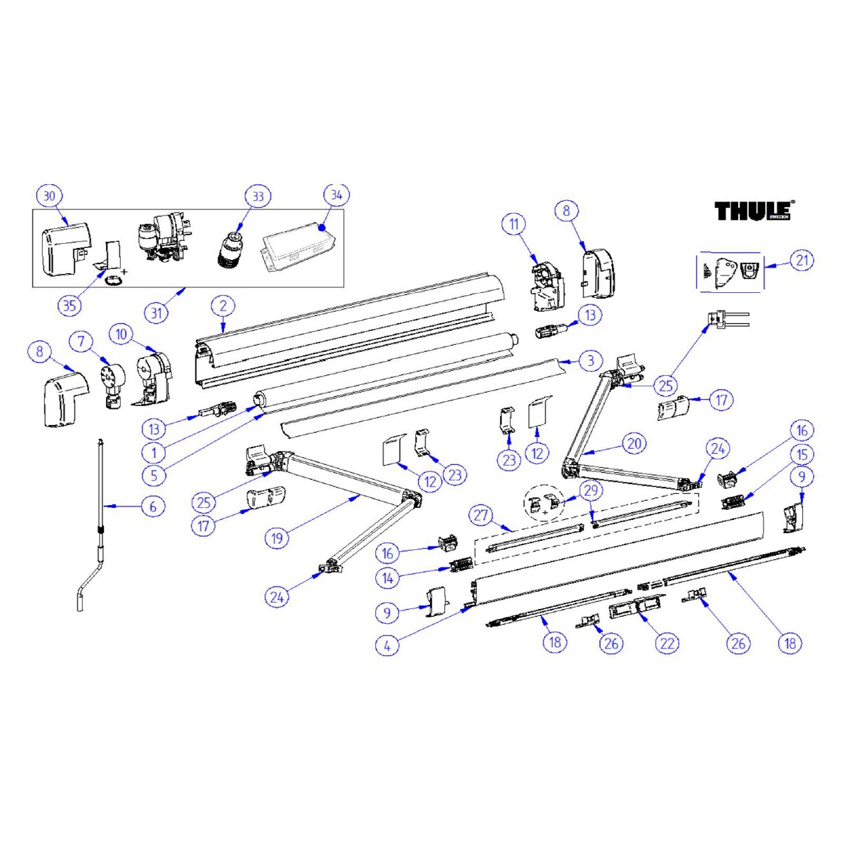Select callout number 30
pos(49,196)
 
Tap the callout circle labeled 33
pos(258,197)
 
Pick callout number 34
pos(336,195)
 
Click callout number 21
pos(802,261)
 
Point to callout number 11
pos(514,224)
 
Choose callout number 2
pos(223,306)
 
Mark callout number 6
pos(152,507)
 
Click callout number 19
pos(277,538)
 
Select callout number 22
pos(667,643)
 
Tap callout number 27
pos(481,515)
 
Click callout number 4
pos(387,646)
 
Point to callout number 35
pos(70,306)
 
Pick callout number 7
pos(81,341)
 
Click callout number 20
pos(634,443)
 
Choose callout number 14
pos(388,578)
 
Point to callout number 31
pos(156,313)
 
